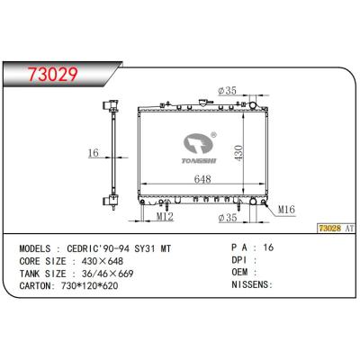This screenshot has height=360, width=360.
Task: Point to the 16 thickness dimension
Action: [x=93, y=153]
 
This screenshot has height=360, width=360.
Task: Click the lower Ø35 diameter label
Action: [x=228, y=218]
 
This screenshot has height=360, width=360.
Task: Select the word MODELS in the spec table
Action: [x=40, y=246]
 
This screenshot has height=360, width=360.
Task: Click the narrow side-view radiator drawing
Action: [x=114, y=153]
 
